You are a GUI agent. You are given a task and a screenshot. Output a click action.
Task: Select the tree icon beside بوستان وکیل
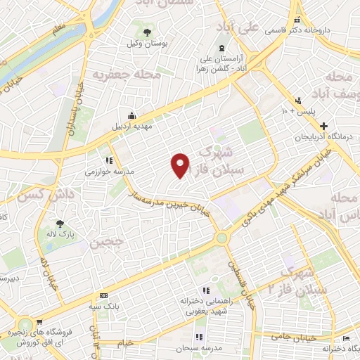coord(147,32)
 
